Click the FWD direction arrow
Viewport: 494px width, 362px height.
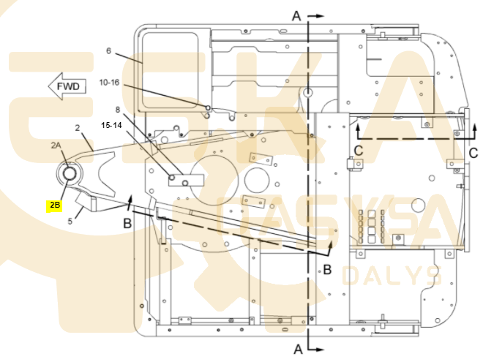pyautogui.click(x=67, y=86)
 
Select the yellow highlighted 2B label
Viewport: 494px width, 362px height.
pyautogui.click(x=54, y=205)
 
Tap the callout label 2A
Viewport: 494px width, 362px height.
pyautogui.click(x=56, y=146)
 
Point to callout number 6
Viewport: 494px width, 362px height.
pyautogui.click(x=108, y=51)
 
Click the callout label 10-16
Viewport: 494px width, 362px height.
pyautogui.click(x=109, y=83)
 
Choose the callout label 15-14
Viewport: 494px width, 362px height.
pyautogui.click(x=111, y=125)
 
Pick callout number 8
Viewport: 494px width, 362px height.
pyautogui.click(x=118, y=110)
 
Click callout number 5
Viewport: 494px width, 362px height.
pyautogui.click(x=70, y=222)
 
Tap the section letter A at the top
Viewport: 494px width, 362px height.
pyautogui.click(x=296, y=16)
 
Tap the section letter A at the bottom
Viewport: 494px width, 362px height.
pyautogui.click(x=298, y=349)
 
